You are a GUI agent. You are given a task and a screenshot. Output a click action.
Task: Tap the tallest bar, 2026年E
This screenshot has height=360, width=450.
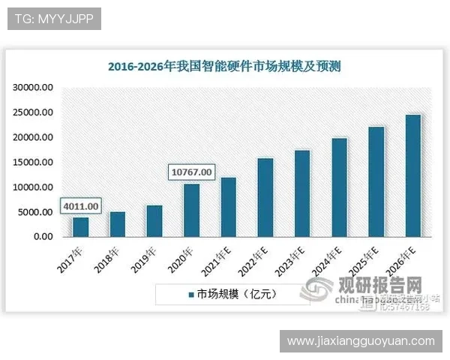413,175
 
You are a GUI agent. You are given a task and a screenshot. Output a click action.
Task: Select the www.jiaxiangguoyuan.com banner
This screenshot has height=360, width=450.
361,341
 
